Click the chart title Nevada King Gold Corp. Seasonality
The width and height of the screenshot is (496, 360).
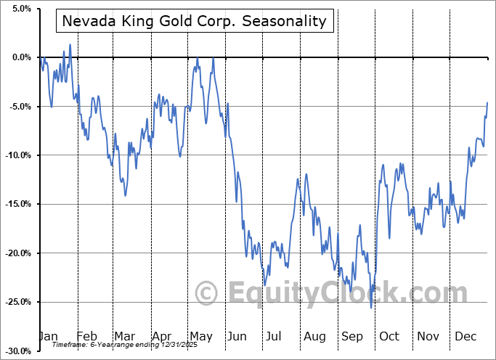point(195,21)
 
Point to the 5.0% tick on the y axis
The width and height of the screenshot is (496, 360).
point(20,9)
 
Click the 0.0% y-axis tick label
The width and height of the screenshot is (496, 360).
point(20,57)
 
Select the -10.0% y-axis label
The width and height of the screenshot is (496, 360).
point(18,155)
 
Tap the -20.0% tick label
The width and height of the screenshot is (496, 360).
point(18,253)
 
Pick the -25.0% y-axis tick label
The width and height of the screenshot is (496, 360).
point(18,302)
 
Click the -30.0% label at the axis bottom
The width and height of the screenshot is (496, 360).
point(18,351)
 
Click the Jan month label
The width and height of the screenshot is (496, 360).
point(48,336)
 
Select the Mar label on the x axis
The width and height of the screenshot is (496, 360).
point(124,336)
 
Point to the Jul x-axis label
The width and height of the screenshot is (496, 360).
point(274,336)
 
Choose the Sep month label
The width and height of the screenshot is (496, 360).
point(351,336)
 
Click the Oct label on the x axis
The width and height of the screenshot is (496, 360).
point(389,336)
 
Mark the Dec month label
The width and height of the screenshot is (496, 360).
point(465,336)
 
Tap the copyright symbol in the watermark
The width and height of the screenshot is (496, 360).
point(207,293)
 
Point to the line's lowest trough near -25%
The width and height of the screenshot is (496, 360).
point(371,308)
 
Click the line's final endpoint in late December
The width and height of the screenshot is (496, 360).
point(487,102)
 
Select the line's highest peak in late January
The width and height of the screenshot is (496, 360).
point(70,45)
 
